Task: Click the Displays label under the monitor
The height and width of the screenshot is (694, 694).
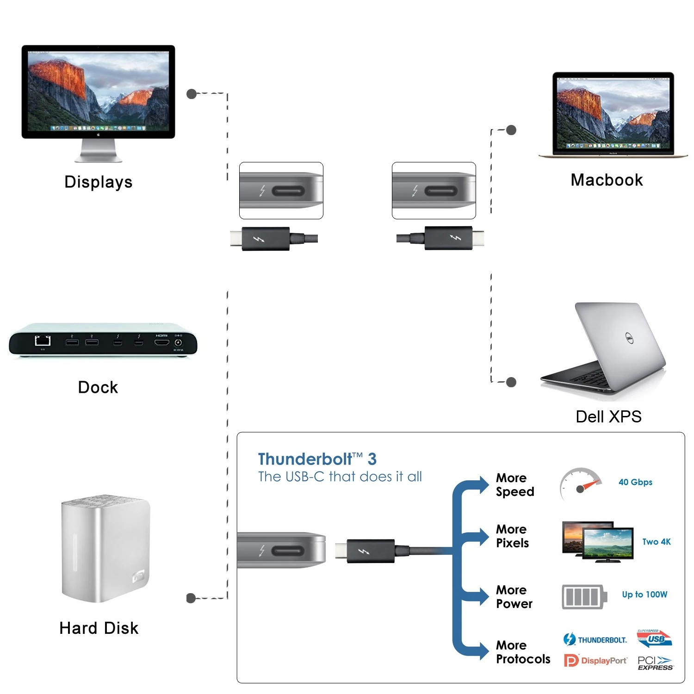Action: tap(99, 182)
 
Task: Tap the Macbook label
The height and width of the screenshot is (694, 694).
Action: tap(607, 180)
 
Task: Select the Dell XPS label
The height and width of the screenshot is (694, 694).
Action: tap(608, 416)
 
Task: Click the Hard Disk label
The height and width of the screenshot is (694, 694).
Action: tap(99, 628)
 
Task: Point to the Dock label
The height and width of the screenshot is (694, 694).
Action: tap(98, 387)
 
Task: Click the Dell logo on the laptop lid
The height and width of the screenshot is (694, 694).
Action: tap(629, 338)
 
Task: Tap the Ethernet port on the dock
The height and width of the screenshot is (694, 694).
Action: tap(43, 341)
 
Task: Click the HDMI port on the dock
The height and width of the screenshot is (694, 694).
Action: tap(161, 342)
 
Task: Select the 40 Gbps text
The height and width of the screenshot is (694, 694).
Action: tap(635, 482)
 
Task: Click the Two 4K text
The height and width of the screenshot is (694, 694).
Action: tap(656, 542)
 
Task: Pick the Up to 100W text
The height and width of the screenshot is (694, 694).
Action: tap(644, 595)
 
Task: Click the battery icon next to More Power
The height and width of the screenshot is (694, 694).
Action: tap(584, 597)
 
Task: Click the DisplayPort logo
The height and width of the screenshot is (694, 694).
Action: tap(595, 661)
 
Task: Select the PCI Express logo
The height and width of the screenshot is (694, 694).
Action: tap(655, 663)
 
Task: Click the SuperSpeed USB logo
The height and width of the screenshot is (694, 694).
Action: tap(654, 638)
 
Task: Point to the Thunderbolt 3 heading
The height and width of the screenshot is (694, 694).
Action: tap(317, 459)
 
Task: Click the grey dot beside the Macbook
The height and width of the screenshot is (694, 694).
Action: tap(511, 130)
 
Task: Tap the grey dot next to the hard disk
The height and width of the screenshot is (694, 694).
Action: tap(191, 598)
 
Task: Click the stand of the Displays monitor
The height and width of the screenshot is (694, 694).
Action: tap(99, 151)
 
